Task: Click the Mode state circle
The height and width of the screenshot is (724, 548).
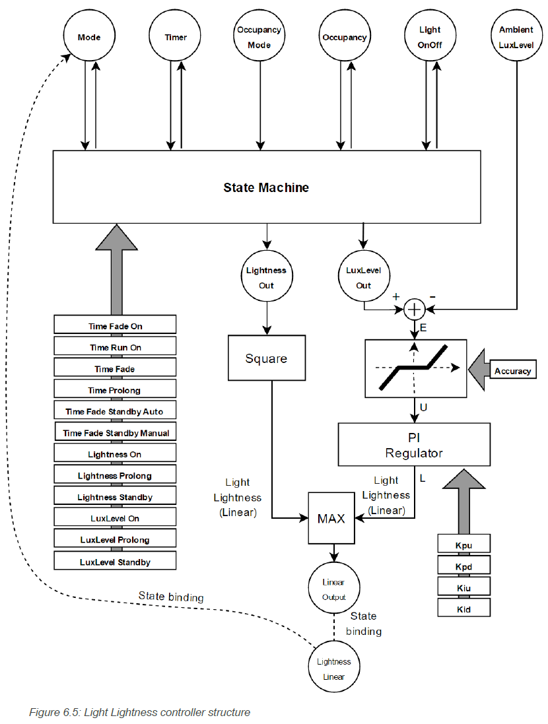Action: click(89, 38)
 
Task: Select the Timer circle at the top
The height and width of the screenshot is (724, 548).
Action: click(176, 38)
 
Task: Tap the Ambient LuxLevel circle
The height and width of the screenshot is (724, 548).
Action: click(516, 38)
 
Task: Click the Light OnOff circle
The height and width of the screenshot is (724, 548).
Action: click(430, 38)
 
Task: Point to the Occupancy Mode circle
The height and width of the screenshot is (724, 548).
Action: click(259, 38)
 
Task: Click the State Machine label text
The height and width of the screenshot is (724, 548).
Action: click(266, 187)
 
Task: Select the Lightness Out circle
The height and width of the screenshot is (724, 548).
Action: click(266, 278)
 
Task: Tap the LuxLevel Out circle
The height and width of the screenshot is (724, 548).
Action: click(364, 278)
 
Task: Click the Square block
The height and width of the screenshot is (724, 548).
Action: click(266, 358)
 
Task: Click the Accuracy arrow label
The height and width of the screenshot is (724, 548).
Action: click(512, 371)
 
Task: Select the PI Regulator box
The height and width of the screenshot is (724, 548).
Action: click(414, 445)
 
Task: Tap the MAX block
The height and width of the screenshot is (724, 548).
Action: click(331, 519)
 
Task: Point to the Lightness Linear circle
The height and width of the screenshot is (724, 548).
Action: click(333, 669)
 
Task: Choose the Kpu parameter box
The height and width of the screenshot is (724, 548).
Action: click(464, 544)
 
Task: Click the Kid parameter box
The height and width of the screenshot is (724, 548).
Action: click(464, 609)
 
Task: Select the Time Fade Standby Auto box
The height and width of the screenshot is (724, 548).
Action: click(114, 411)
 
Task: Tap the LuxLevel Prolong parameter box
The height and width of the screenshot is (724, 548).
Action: click(114, 540)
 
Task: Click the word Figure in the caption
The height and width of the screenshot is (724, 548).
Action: click(43, 713)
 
